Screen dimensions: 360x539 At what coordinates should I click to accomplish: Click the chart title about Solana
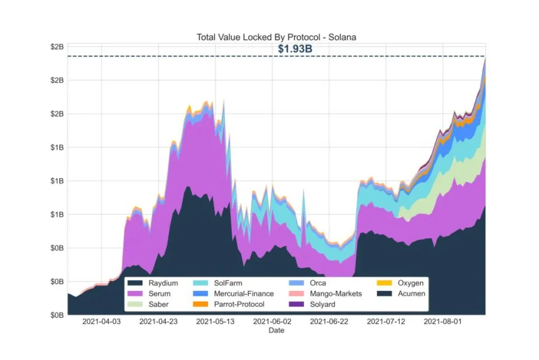[x=276, y=38]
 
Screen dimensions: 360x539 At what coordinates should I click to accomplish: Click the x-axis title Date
[x=276, y=331]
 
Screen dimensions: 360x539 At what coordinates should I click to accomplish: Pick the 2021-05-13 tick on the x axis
[x=216, y=322]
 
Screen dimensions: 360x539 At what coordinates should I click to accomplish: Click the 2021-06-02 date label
[x=273, y=322]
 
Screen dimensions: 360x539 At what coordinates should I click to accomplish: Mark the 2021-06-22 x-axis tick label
[x=329, y=322]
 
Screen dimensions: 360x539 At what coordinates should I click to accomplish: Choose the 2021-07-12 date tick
[x=386, y=322]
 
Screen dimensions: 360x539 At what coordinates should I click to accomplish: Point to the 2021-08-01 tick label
[x=442, y=322]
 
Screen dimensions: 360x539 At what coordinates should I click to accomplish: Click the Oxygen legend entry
[x=411, y=283]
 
